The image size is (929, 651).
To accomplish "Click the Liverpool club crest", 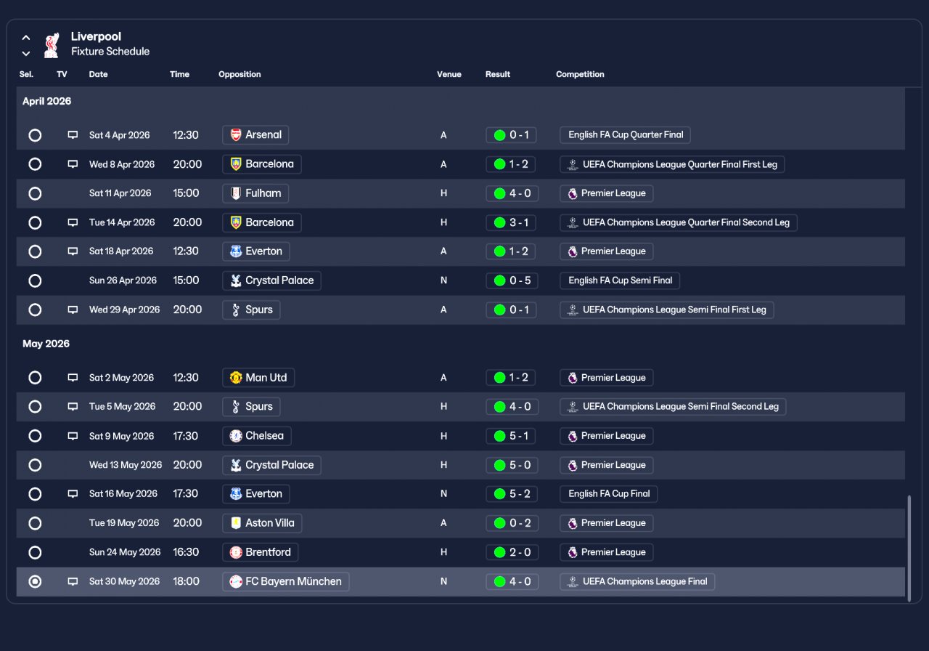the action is point(52,45).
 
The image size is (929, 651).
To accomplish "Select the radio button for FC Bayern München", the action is point(35,582).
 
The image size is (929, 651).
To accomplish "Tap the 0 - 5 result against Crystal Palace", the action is point(512,280).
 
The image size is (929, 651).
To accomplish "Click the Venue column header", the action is point(449,74).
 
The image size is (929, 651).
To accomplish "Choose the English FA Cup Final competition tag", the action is point(608,494).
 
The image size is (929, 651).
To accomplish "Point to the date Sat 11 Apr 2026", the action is point(120,193).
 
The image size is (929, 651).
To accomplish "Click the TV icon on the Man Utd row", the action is point(73,377).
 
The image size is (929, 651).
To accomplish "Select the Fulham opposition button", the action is point(255,193).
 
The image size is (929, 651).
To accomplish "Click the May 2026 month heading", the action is point(46,344).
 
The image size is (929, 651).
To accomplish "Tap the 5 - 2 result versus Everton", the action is point(512,494).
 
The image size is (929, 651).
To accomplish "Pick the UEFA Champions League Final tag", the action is point(637,582).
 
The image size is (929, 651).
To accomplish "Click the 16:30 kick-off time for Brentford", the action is point(186,552).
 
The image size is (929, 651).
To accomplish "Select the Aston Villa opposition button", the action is point(262,523).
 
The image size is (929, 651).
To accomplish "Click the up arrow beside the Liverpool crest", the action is point(25,38).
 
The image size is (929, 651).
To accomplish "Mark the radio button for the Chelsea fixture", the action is point(35,436).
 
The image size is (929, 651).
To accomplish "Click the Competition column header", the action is point(580,74).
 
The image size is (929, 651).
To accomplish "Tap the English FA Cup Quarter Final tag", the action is point(625,135).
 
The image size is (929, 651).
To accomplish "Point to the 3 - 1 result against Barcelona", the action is point(510,222).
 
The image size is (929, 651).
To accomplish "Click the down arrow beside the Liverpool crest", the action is point(25,54).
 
